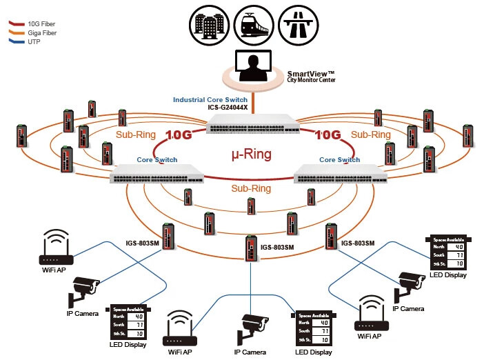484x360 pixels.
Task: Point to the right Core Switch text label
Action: (x=339, y=159)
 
